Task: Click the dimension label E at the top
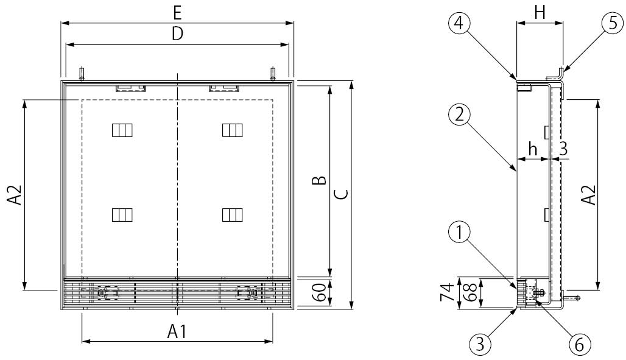177,13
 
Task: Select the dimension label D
177,34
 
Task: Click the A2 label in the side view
588,194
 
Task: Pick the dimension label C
342,194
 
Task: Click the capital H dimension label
539,13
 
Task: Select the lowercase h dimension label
532,149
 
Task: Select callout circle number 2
460,115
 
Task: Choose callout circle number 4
460,24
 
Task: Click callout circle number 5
613,24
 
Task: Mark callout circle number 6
579,344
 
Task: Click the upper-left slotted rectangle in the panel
122,130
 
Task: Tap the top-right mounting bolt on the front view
273,73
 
